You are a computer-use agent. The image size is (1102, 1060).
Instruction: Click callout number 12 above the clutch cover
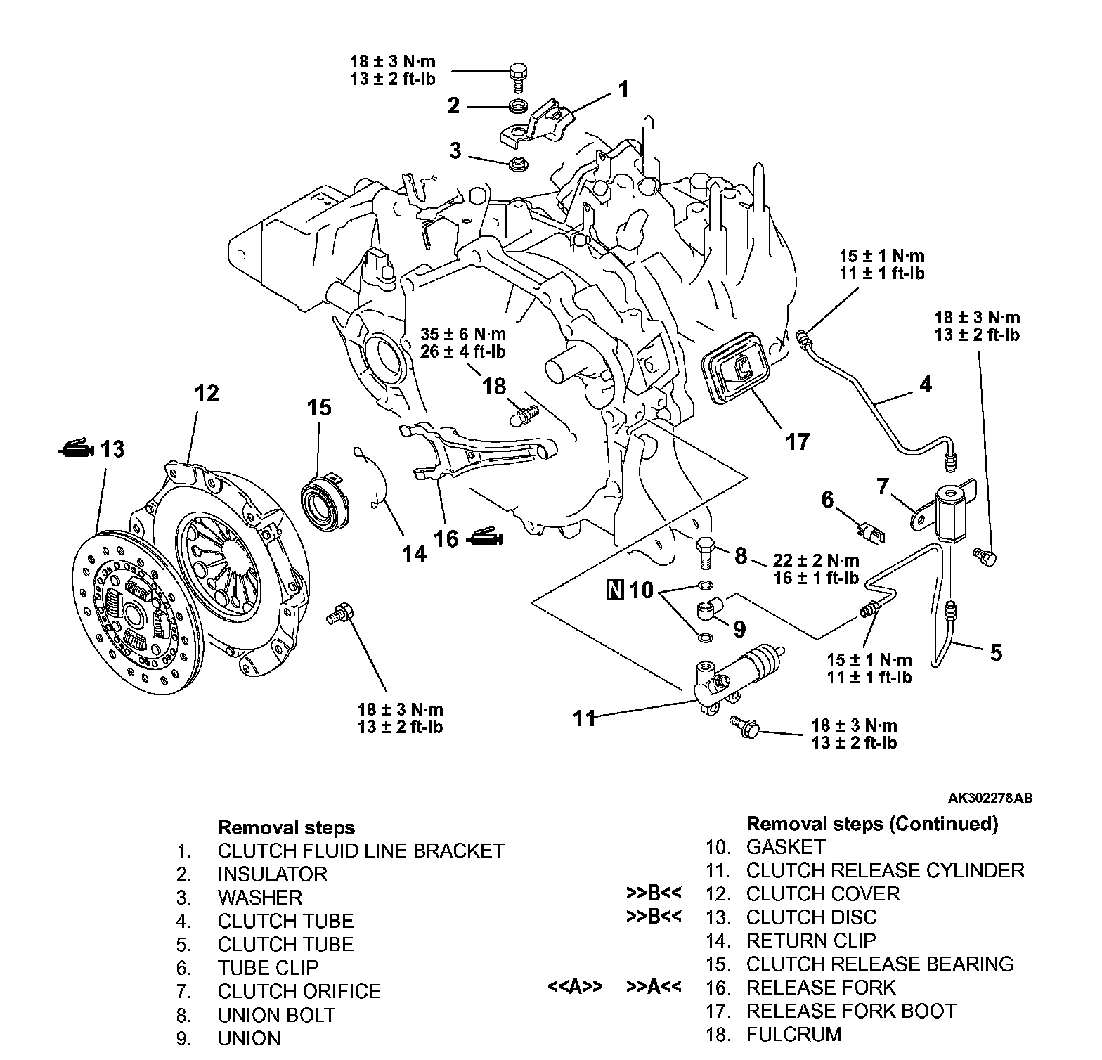point(207,394)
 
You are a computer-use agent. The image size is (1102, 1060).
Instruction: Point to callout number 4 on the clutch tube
point(926,384)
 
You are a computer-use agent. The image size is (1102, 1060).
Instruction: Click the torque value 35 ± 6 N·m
point(463,333)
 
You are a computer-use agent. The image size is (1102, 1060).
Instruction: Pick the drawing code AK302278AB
point(990,799)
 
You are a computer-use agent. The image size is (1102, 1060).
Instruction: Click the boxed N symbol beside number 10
point(614,590)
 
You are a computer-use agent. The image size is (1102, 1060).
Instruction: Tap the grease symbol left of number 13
point(75,449)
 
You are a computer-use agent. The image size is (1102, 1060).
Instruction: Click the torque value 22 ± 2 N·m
point(816,561)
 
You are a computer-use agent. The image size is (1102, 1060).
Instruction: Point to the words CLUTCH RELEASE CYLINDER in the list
point(885,870)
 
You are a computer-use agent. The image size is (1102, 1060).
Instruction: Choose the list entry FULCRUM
point(793,1034)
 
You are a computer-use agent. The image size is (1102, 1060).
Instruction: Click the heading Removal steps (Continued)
point(871,824)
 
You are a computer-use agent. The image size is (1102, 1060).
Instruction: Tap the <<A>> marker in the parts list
point(575,987)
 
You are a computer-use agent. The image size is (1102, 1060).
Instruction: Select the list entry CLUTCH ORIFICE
point(299,991)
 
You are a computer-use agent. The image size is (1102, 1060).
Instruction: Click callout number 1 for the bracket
point(623,89)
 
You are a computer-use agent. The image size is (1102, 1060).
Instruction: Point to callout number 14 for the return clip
point(414,554)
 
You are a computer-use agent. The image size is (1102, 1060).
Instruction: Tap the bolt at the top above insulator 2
point(517,75)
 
